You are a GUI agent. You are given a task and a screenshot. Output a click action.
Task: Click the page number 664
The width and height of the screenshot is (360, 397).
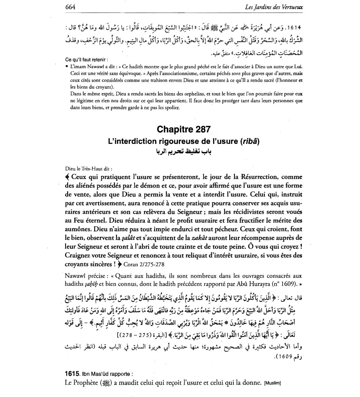coord(70,7)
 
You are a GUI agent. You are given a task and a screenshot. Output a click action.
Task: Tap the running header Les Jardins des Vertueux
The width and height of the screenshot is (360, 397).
coord(274,7)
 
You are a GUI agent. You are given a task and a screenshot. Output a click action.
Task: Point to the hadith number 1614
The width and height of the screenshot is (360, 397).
coord(294,28)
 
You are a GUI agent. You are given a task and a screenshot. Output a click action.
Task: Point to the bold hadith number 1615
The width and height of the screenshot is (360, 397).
coord(72,374)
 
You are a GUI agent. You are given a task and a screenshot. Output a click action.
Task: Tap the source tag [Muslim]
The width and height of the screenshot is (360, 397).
coord(272,383)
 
